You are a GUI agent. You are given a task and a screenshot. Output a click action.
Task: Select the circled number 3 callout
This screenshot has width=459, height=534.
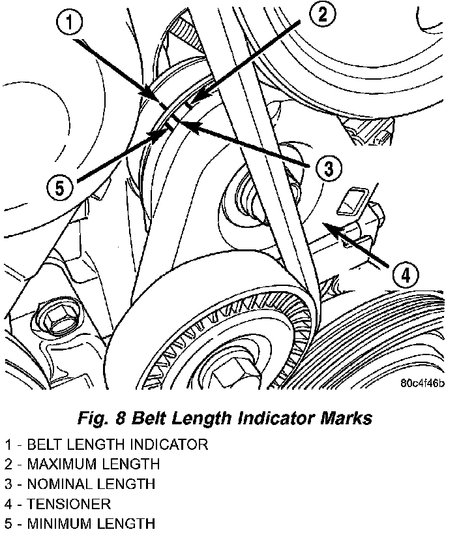[328, 169]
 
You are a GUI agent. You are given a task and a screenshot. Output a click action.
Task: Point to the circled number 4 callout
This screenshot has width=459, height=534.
[405, 275]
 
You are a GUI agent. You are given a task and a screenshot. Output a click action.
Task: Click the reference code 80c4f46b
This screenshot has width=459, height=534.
[422, 383]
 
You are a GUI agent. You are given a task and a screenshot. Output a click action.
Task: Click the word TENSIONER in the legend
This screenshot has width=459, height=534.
[68, 503]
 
